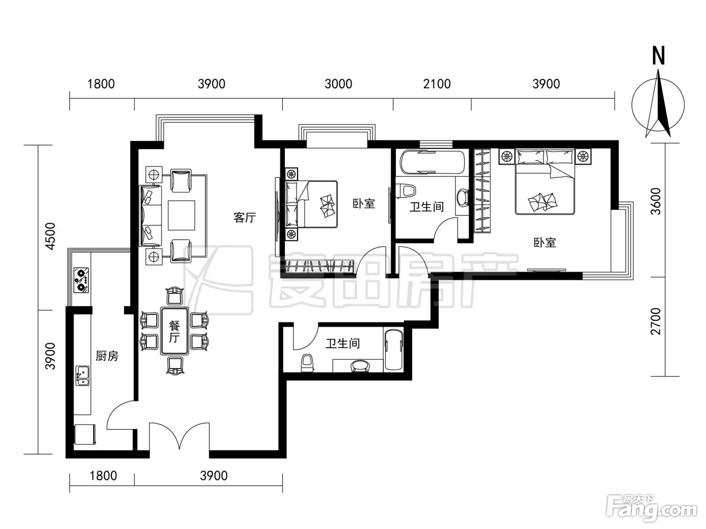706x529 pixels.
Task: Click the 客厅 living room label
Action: tap(245, 218)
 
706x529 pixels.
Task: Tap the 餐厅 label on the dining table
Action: tap(174, 332)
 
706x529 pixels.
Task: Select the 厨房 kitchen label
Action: tap(107, 356)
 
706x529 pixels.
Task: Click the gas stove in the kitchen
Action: tap(81, 280)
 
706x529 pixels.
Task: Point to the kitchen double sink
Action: tap(82, 375)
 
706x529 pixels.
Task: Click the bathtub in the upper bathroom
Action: tap(433, 163)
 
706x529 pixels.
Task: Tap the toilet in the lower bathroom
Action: tap(307, 363)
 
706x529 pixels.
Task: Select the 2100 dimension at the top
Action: tap(437, 84)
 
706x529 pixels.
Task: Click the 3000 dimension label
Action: tap(338, 84)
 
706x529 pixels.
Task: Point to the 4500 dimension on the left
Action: tap(50, 236)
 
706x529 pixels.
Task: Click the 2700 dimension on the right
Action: tap(655, 321)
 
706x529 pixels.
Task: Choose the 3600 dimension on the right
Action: tap(655, 202)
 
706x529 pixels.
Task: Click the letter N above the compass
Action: tap(659, 56)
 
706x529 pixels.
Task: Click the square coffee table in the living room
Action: tap(182, 215)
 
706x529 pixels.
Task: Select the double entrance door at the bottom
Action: tap(179, 436)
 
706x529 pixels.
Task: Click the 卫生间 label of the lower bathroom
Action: tap(342, 344)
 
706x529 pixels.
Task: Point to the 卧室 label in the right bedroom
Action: tap(545, 242)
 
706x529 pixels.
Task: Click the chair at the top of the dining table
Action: tap(175, 296)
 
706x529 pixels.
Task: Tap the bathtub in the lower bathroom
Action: tap(394, 350)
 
